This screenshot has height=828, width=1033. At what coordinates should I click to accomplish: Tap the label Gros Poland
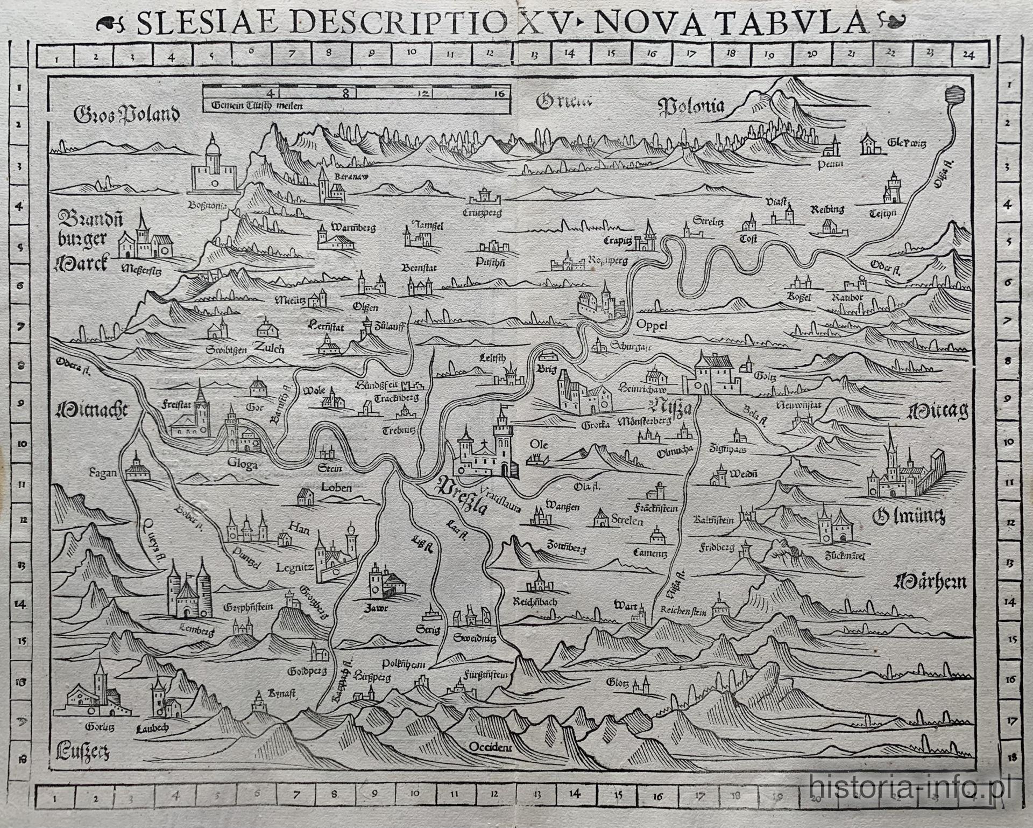coord(126,114)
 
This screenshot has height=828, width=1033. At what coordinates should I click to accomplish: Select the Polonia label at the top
coord(691,107)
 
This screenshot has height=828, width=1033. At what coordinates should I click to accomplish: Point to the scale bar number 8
coord(346,93)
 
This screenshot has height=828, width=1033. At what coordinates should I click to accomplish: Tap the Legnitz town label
coord(294,567)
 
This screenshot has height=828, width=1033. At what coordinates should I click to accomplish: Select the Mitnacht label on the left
coord(91,411)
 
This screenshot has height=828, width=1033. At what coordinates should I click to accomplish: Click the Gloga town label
coord(242,464)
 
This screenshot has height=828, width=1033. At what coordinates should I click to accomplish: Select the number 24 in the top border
coord(968,54)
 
